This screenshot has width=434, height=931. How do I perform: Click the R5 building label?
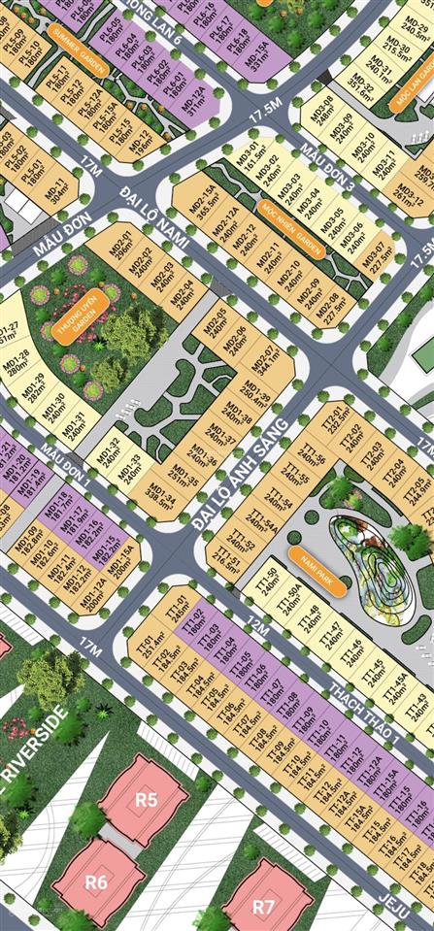146,800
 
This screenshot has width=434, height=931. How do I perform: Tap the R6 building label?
95,881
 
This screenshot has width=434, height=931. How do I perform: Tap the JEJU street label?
394,901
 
